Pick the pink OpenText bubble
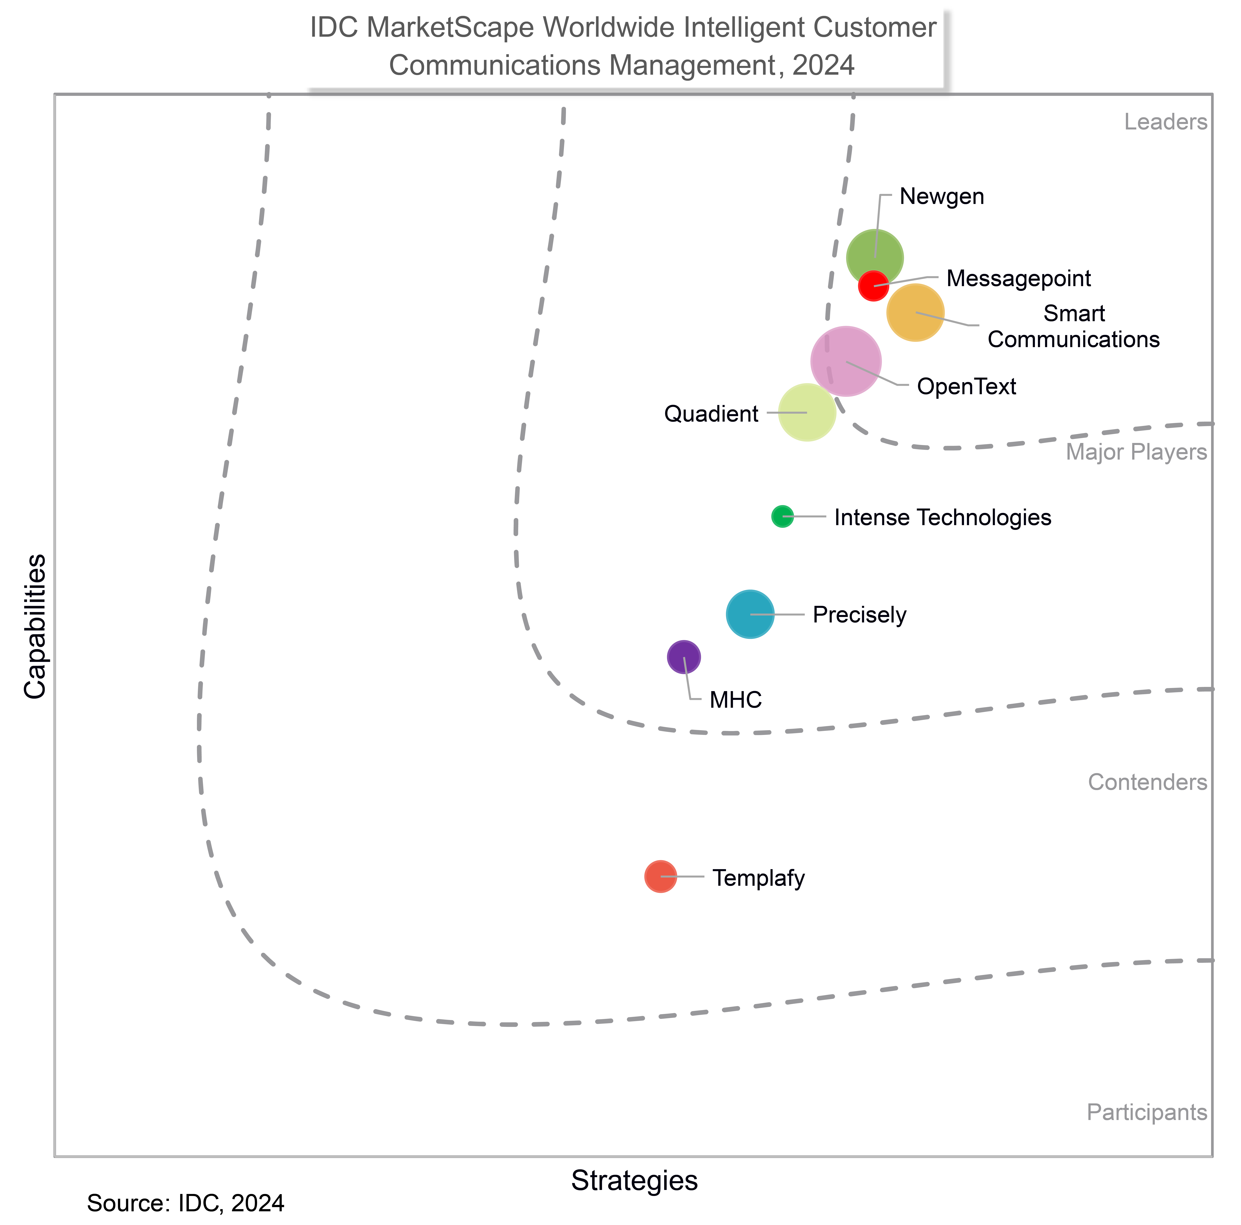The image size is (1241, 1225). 845,361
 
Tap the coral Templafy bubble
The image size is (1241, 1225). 660,876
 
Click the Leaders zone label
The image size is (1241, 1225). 1165,122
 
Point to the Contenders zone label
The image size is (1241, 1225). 1147,782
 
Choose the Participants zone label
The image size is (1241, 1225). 1147,1113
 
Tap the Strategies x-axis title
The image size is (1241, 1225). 634,1181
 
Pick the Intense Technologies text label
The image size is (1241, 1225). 942,517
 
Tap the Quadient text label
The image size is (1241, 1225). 711,414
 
